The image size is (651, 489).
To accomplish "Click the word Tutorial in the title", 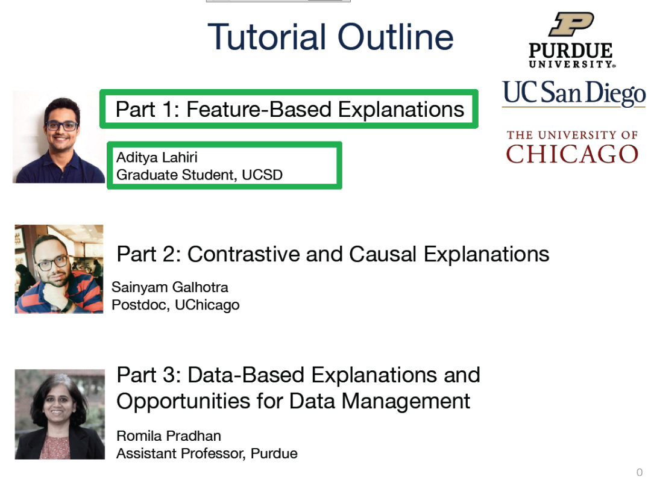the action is tap(267, 37).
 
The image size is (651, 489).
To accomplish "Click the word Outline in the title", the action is tap(395, 37).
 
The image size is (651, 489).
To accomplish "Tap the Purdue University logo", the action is tap(571, 40).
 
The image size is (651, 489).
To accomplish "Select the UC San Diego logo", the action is tap(574, 93).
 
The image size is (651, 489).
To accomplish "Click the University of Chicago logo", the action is tap(572, 147).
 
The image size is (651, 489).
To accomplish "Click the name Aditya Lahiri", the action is tap(157, 158).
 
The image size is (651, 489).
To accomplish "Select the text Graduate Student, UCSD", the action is tap(200, 175).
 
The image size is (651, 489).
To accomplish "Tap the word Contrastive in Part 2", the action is tap(244, 254).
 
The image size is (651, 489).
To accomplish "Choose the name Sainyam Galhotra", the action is tap(170, 287).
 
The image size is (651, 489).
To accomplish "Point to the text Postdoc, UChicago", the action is tap(175, 305).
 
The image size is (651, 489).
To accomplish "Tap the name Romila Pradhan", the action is tap(169, 436).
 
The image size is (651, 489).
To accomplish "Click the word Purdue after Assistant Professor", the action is tap(274, 453).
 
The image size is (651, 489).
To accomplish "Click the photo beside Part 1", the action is tap(58, 137).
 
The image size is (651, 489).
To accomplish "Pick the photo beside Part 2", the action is tap(59, 269).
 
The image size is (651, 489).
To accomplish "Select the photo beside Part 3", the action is tap(60, 414).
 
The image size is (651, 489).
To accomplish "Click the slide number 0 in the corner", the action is tap(640, 472).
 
